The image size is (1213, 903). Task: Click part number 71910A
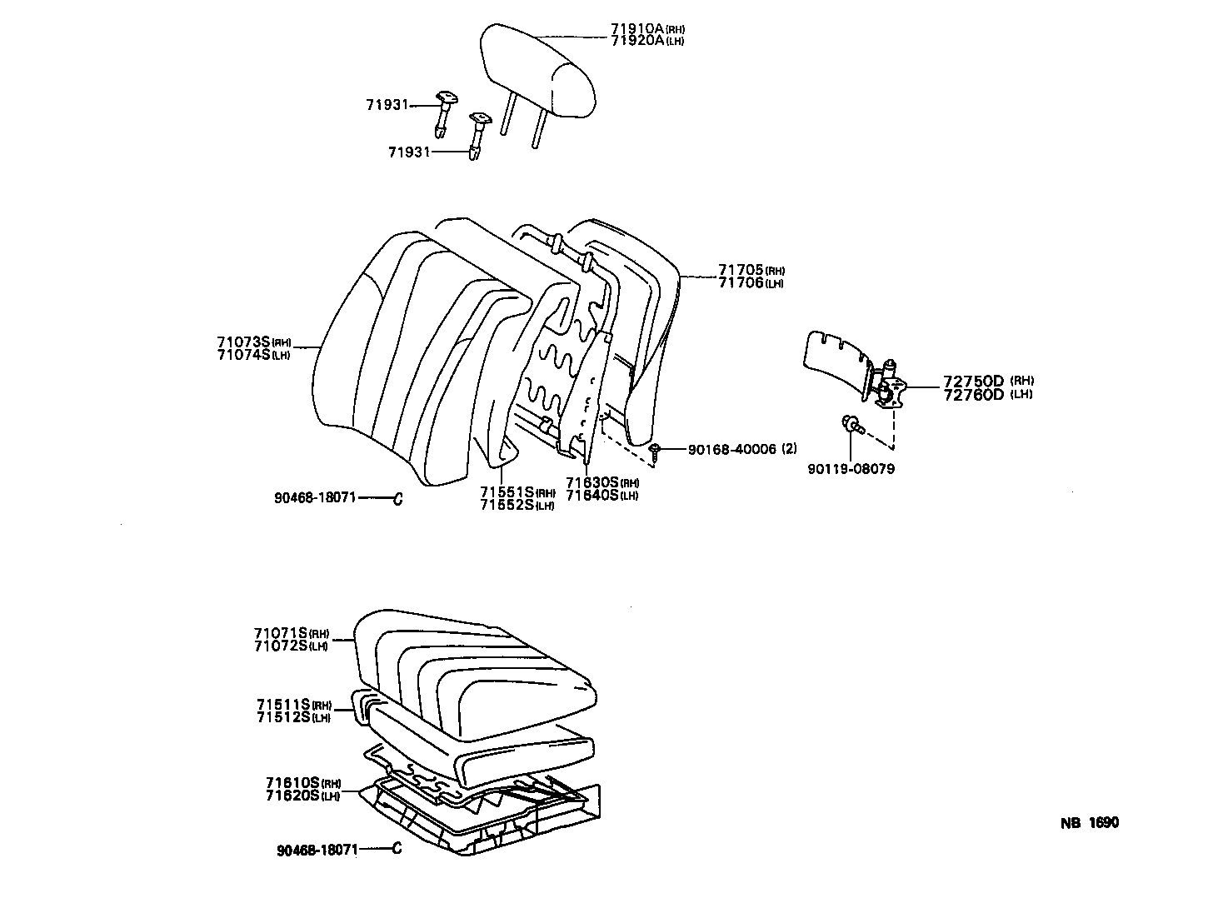(x=636, y=28)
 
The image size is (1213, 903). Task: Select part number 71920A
(x=636, y=40)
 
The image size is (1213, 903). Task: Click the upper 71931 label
(x=387, y=105)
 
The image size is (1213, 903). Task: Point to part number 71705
(x=741, y=271)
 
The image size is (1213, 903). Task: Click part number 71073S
(x=242, y=342)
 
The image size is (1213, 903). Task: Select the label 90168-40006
(x=731, y=449)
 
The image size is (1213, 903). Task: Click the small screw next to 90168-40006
(x=656, y=451)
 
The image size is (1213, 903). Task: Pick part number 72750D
(x=973, y=382)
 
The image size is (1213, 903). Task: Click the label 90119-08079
(x=851, y=469)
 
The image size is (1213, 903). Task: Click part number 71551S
(x=507, y=492)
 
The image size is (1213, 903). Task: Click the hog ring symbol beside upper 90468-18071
(x=397, y=499)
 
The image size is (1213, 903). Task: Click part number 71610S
(x=292, y=783)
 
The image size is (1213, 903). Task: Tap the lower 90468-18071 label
(x=317, y=850)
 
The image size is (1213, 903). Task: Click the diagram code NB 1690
(x=1090, y=823)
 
